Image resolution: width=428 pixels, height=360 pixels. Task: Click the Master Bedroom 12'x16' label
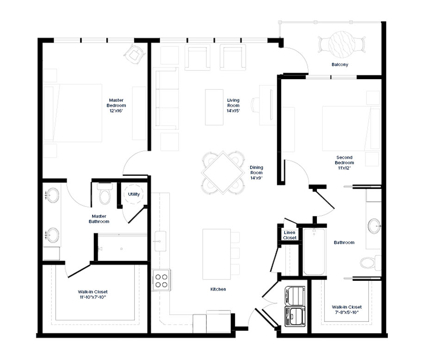[x=116, y=106]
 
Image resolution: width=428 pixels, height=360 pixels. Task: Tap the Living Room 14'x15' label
[x=233, y=106]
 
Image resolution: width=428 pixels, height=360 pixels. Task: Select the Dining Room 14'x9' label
[x=256, y=173]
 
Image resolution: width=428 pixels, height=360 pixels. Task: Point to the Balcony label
[x=340, y=65]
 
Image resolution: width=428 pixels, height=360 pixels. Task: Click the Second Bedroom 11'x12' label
[x=344, y=163]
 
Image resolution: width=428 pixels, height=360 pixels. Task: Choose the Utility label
[x=134, y=194]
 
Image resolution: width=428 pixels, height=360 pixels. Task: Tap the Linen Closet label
[x=290, y=235]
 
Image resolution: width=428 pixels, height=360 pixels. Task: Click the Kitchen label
[x=218, y=289]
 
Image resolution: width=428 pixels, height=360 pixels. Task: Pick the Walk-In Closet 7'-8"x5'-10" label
[x=347, y=310]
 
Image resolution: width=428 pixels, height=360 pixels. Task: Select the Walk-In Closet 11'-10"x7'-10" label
[x=93, y=294]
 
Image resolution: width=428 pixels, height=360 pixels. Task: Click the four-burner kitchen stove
[x=161, y=280]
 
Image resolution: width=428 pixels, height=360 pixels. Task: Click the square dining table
[x=223, y=173]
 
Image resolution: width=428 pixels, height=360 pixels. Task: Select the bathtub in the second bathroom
[x=314, y=251]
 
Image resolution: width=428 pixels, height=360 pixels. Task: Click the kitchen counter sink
[x=160, y=241]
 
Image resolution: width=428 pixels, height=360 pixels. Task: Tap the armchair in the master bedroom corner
[x=134, y=55]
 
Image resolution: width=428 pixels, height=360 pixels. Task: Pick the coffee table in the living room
[x=214, y=107]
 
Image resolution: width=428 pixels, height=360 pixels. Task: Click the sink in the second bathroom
[x=374, y=226]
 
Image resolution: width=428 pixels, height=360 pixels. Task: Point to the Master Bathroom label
[x=99, y=219]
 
